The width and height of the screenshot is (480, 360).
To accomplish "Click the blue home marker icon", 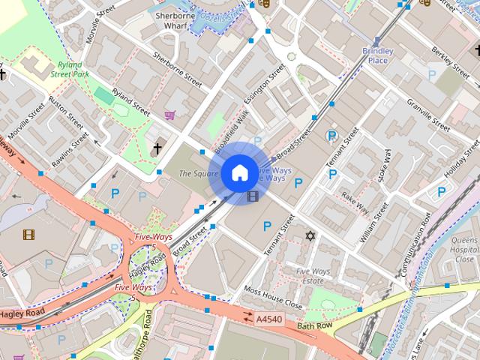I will [238, 173].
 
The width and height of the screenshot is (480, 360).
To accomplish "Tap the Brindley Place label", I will [378, 55].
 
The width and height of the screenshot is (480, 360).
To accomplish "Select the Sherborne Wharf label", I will [170, 20].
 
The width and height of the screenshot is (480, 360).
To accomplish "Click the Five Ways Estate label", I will [313, 276].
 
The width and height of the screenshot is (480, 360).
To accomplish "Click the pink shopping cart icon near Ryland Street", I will [171, 115].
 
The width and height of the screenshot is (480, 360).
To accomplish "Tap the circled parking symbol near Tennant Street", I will [331, 136].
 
